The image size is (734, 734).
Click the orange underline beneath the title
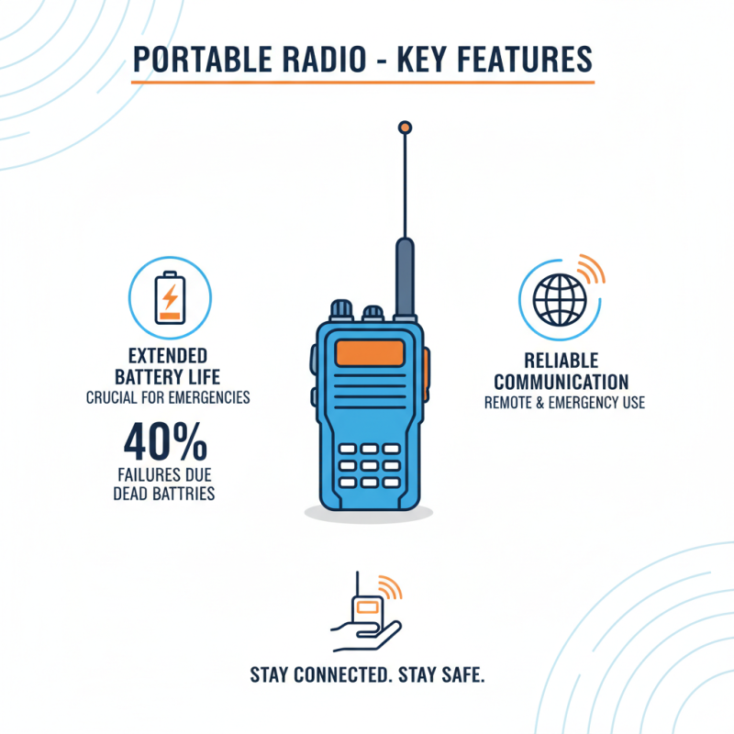tap(362, 83)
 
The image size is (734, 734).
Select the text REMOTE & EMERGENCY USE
tap(564, 403)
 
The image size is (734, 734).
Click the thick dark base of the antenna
tap(403, 275)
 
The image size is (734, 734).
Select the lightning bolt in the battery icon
tap(170, 295)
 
